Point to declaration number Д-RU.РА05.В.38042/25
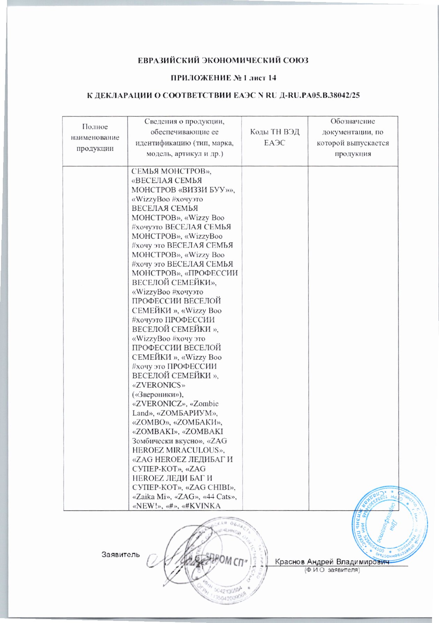click(x=319, y=95)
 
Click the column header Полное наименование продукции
click(x=95, y=137)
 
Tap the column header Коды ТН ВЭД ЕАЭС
click(x=275, y=137)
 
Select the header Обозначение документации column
click(x=353, y=137)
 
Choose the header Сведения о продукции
click(x=185, y=137)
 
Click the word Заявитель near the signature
click(x=121, y=554)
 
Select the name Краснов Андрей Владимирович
click(x=332, y=562)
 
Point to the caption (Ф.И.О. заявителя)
click(x=332, y=570)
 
